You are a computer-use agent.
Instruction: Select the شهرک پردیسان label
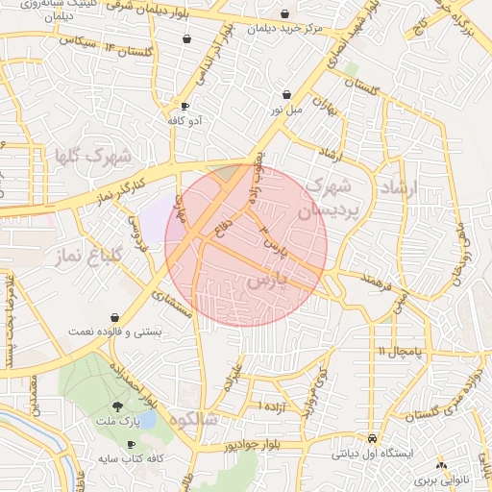pyautogui.click(x=331, y=198)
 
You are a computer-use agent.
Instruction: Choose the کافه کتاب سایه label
pyautogui.click(x=129, y=458)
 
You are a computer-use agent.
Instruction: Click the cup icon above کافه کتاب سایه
pyautogui.click(x=103, y=444)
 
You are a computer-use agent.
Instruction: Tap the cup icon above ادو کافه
pyautogui.click(x=184, y=107)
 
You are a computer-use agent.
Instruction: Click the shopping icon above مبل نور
pyautogui.click(x=288, y=94)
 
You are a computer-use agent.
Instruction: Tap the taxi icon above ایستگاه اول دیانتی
pyautogui.click(x=371, y=436)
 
